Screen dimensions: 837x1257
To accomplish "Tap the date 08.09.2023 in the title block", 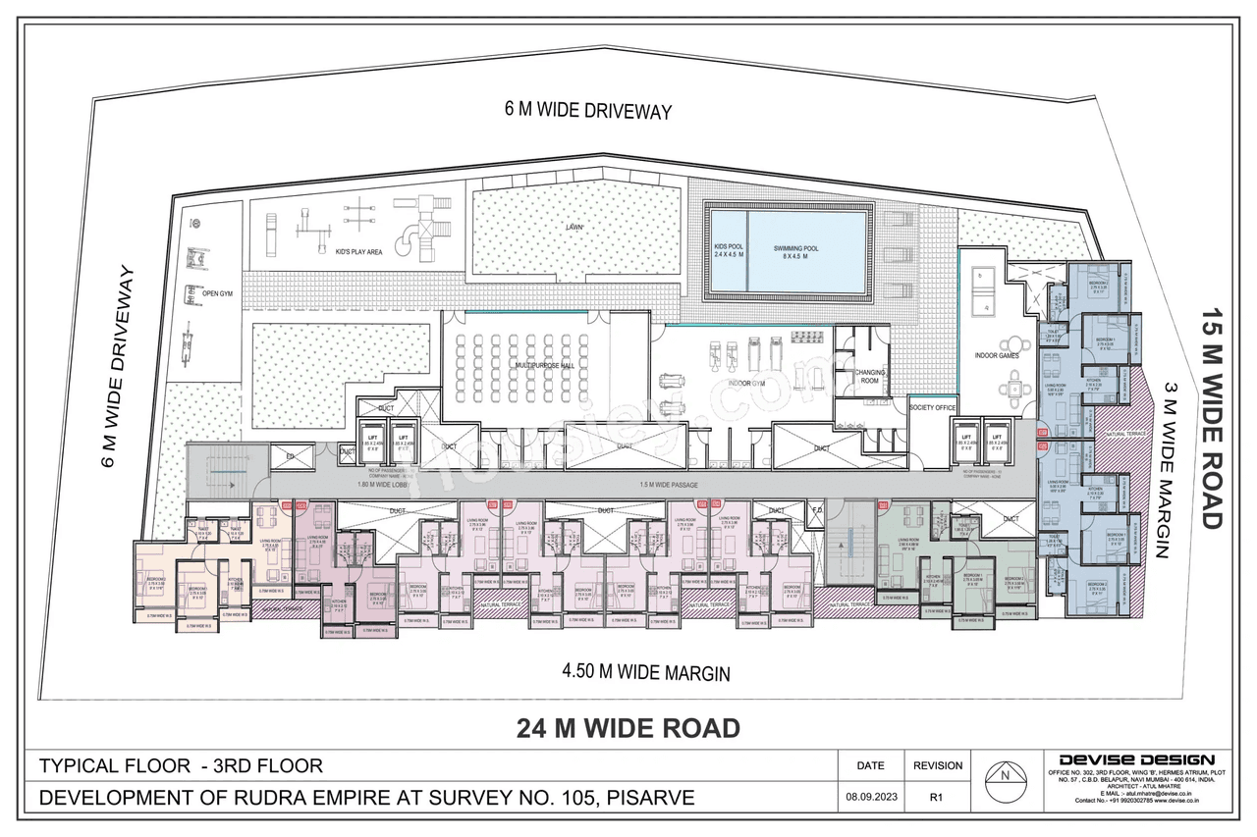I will pyautogui.click(x=870, y=798).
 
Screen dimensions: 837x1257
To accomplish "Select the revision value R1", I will pyautogui.click(x=937, y=798).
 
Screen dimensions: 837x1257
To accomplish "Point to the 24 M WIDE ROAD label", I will pyautogui.click(x=628, y=728).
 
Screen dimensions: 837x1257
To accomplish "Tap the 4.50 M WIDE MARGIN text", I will pyautogui.click(x=645, y=673).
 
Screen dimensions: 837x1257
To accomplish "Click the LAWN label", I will pyautogui.click(x=574, y=227).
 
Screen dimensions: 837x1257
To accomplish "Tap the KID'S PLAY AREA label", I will pyautogui.click(x=358, y=252).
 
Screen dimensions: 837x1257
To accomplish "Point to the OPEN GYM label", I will pyautogui.click(x=218, y=293).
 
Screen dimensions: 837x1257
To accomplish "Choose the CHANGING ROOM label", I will pyautogui.click(x=870, y=376).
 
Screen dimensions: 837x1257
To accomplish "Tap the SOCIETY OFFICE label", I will pyautogui.click(x=932, y=406).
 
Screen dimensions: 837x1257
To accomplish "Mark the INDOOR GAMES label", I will pyautogui.click(x=996, y=355).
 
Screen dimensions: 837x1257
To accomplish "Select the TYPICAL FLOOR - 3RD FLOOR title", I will pyautogui.click(x=180, y=765).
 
